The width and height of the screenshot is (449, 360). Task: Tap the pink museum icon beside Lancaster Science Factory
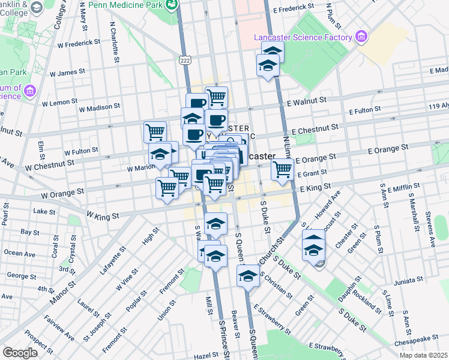(x=361, y=37)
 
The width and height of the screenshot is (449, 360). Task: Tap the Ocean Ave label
(x=16, y=253)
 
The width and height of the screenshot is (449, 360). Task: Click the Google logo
(x=20, y=352)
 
